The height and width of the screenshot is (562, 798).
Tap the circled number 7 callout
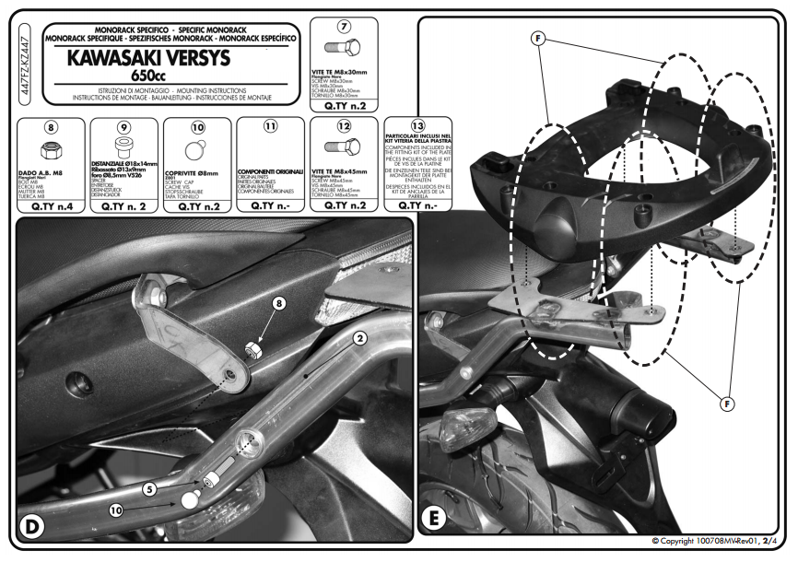pos(344,26)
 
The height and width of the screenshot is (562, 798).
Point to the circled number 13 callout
pos(417,127)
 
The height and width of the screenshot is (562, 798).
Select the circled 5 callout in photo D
pos(149,491)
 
